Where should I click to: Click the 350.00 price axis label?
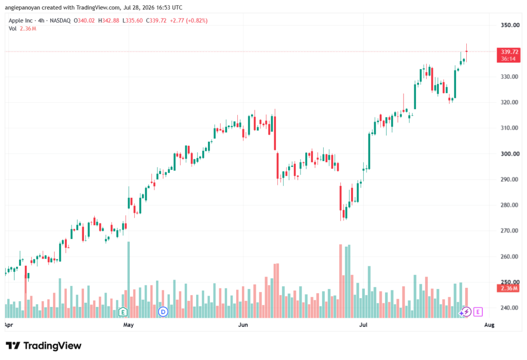pyautogui.click(x=510, y=25)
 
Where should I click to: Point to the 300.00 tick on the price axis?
pyautogui.click(x=510, y=154)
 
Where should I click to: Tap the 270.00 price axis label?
pyautogui.click(x=510, y=231)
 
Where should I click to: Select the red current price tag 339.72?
pyautogui.click(x=509, y=55)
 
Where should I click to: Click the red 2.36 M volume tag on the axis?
pyautogui.click(x=509, y=288)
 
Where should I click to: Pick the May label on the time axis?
pyautogui.click(x=128, y=325)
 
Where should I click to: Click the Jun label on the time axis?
pyautogui.click(x=243, y=325)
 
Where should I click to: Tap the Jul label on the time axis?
pyautogui.click(x=363, y=325)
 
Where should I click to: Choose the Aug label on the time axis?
pyautogui.click(x=489, y=325)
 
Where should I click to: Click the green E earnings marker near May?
pyautogui.click(x=123, y=312)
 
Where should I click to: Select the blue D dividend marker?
pyautogui.click(x=163, y=312)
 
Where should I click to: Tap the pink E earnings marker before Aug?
pyautogui.click(x=478, y=312)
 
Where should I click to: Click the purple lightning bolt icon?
pyautogui.click(x=466, y=312)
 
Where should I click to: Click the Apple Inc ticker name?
pyautogui.click(x=21, y=21)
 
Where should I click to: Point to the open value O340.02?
pyautogui.click(x=84, y=21)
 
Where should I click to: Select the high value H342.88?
pyautogui.click(x=109, y=21)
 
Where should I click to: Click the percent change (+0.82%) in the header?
pyautogui.click(x=197, y=21)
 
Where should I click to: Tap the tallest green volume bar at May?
pyautogui.click(x=128, y=280)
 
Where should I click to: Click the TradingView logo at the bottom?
pyautogui.click(x=44, y=346)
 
